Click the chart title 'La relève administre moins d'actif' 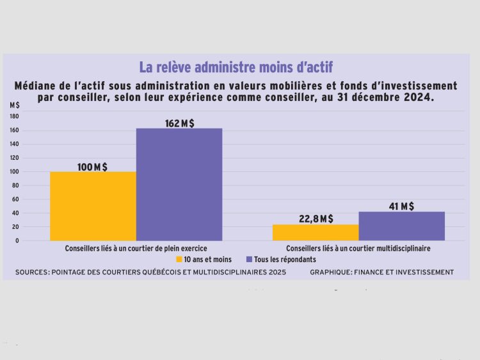click(236, 67)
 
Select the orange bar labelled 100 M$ click(93, 206)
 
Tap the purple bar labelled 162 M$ click(179, 184)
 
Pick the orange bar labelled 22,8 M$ click(316, 233)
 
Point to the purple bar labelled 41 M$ click(401, 226)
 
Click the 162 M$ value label click(179, 123)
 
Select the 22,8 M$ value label click(316, 219)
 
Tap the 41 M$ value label click(401, 206)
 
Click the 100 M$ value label click(92, 167)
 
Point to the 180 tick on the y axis click(14, 116)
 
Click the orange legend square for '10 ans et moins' click(179, 260)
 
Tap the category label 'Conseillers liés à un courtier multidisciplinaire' click(358, 248)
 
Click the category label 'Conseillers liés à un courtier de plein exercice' click(136, 248)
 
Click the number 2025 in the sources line click(276, 272)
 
